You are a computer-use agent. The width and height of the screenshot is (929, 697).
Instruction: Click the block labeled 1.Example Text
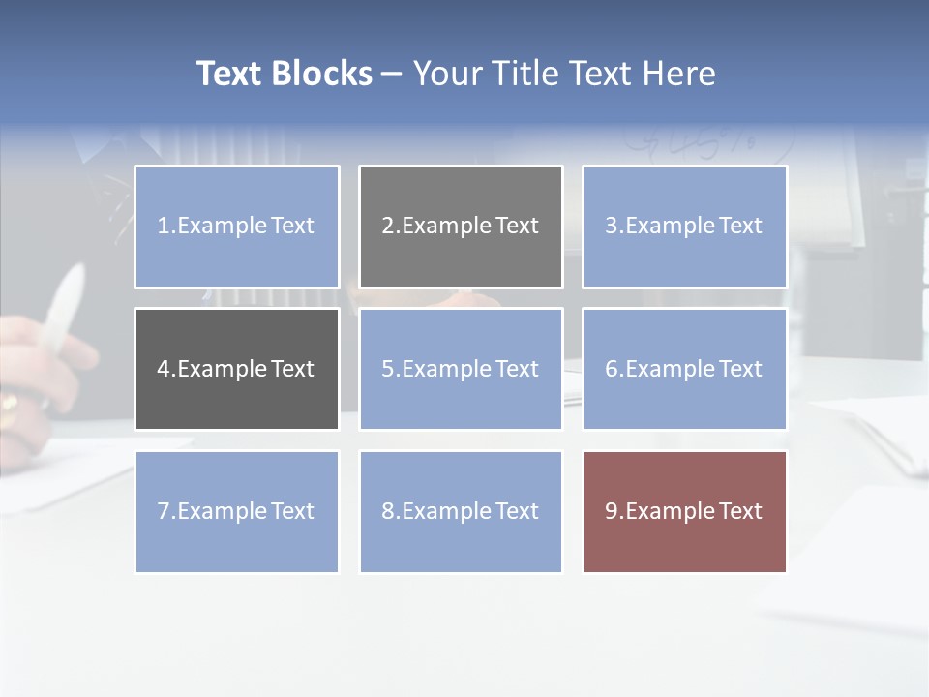(x=237, y=227)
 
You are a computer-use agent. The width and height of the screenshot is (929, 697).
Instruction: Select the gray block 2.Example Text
(x=461, y=227)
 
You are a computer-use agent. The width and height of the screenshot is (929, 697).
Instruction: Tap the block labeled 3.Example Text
(x=684, y=227)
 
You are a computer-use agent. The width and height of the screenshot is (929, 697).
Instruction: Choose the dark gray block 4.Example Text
(x=237, y=369)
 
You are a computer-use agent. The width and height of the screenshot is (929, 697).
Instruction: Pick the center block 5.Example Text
(x=461, y=369)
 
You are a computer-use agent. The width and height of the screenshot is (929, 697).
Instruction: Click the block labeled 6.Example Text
(x=684, y=369)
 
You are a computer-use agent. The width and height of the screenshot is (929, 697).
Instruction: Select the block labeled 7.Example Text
(x=237, y=511)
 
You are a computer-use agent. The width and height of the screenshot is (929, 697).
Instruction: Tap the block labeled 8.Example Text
(x=461, y=511)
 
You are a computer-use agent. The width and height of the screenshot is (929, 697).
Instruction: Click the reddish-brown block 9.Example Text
(x=684, y=511)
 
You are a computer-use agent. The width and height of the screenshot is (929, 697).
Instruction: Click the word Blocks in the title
(x=321, y=74)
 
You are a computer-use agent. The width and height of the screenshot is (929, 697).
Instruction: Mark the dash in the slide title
(x=392, y=74)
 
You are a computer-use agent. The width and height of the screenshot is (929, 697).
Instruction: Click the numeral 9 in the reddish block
(x=612, y=511)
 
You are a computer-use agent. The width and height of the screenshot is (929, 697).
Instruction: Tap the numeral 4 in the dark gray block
(x=164, y=369)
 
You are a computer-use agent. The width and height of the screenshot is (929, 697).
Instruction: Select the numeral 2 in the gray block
(x=388, y=227)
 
